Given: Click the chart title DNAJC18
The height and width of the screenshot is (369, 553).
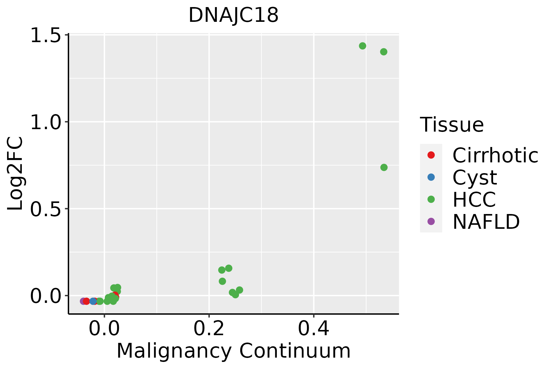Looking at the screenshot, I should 233,15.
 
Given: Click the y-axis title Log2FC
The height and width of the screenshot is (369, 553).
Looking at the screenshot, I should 15,174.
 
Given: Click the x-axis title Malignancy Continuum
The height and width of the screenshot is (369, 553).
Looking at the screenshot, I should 233,351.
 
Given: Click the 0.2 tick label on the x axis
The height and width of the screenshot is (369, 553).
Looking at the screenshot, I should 209,329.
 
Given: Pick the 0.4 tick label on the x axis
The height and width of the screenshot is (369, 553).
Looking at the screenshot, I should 314,329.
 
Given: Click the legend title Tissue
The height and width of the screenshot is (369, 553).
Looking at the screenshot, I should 452,125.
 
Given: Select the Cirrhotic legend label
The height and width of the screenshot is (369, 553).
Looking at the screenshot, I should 495,155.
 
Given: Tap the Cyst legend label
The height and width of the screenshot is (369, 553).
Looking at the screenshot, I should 475,177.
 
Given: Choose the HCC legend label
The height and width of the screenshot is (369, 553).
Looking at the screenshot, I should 474,200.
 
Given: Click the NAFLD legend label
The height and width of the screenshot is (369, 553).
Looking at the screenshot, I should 486,222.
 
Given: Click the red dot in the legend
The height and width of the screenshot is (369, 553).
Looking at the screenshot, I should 431,155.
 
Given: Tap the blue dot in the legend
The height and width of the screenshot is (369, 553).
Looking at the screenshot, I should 431,177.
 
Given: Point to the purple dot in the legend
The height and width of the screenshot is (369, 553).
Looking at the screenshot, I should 431,221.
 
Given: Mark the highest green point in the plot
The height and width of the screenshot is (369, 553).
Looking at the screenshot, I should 363,46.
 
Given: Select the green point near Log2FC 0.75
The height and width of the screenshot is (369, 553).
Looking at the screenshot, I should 384,167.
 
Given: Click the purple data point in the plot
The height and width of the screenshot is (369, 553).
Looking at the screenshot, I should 83,301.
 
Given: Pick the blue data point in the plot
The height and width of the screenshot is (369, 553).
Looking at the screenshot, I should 93,301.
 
